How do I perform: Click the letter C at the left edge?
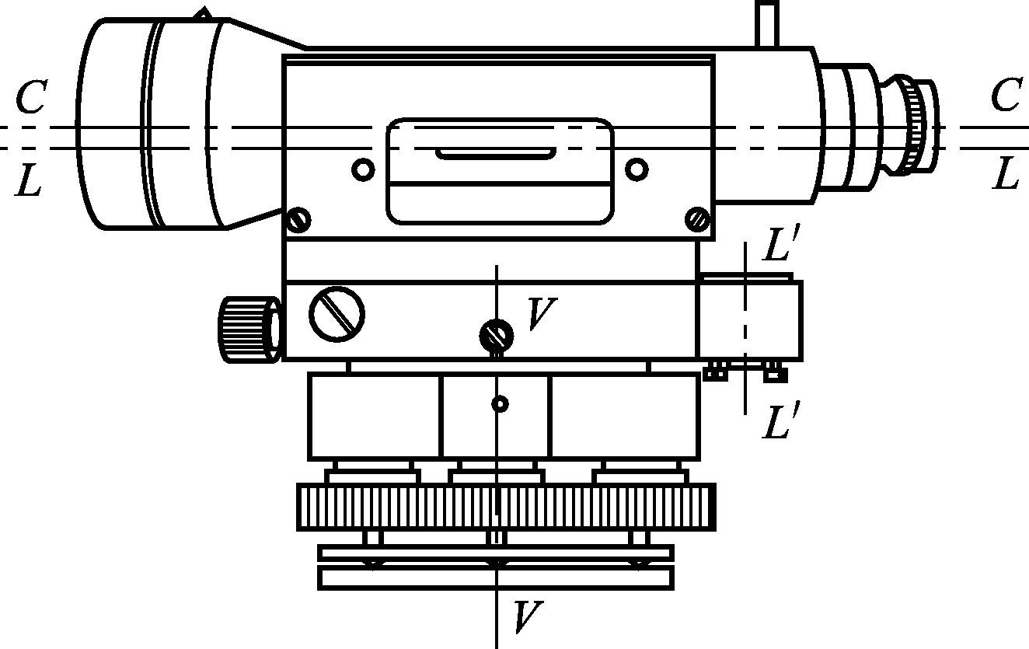click(31, 99)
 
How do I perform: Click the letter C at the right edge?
click(1006, 98)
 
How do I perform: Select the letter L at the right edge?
click(1006, 173)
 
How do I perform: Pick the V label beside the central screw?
click(541, 314)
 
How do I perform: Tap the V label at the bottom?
click(527, 617)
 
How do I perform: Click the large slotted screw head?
click(337, 313)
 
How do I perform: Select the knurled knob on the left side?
click(249, 329)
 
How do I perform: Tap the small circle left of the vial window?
click(363, 169)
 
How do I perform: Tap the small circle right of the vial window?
click(637, 168)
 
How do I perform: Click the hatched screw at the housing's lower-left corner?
click(298, 220)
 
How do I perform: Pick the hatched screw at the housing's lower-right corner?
click(698, 220)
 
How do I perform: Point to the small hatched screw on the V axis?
click(496, 336)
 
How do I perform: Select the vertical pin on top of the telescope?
click(767, 24)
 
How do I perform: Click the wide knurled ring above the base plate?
click(506, 507)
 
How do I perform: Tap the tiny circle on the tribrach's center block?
click(501, 404)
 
